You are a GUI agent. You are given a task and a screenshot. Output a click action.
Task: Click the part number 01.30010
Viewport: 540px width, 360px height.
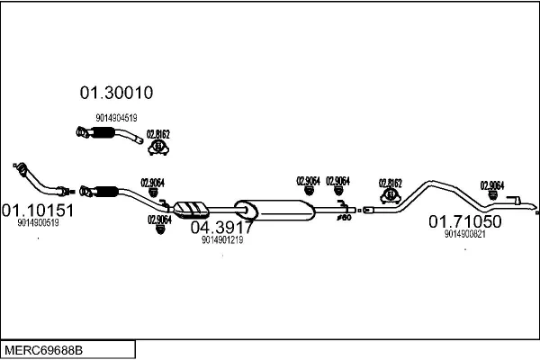[116, 92]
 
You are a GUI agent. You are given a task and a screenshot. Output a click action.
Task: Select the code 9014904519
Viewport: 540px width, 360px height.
[116, 118]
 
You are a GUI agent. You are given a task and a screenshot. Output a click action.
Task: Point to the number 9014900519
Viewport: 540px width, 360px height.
[38, 223]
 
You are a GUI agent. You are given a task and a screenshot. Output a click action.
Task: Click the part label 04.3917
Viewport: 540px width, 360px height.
[221, 227]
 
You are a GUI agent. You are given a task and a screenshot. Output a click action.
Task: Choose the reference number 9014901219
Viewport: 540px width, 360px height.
[222, 240]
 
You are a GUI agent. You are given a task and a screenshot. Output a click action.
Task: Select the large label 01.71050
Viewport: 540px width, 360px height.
[463, 221]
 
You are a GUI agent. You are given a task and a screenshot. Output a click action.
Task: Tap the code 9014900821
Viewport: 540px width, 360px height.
[464, 234]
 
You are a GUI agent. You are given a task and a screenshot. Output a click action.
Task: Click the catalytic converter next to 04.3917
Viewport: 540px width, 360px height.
[192, 209]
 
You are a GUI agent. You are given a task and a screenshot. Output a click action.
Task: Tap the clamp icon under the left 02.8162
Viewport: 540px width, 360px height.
[158, 146]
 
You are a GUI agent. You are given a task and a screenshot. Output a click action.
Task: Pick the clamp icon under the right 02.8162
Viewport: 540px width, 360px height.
[391, 194]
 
